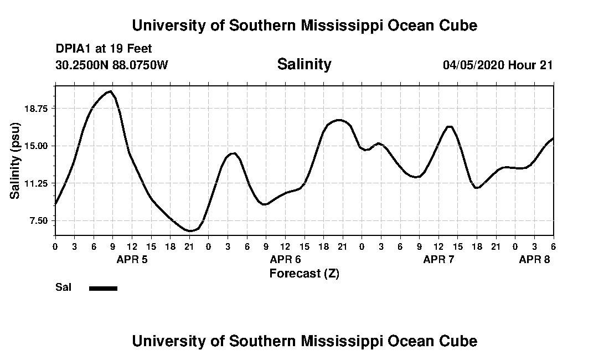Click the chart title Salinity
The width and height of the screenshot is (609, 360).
point(304,64)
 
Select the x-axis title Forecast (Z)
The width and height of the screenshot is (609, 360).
point(304,273)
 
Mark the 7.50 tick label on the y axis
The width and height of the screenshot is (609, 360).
point(39,221)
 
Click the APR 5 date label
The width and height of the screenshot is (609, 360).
point(132,259)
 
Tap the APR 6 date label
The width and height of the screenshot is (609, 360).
point(285,259)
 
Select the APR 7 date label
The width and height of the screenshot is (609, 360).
point(438,259)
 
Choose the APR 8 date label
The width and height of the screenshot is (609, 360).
point(534,259)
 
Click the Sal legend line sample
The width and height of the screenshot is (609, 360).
point(103,288)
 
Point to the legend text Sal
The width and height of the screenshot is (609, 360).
point(63,287)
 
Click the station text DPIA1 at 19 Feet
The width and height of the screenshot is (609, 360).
point(104,49)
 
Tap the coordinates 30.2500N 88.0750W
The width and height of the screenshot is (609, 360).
point(111,65)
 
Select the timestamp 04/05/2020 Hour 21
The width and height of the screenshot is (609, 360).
point(498,65)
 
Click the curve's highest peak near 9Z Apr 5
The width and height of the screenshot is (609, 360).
point(111,91)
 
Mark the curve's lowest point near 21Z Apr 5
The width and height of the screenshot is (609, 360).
point(189,230)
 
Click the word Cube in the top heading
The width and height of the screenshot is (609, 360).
point(458,25)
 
